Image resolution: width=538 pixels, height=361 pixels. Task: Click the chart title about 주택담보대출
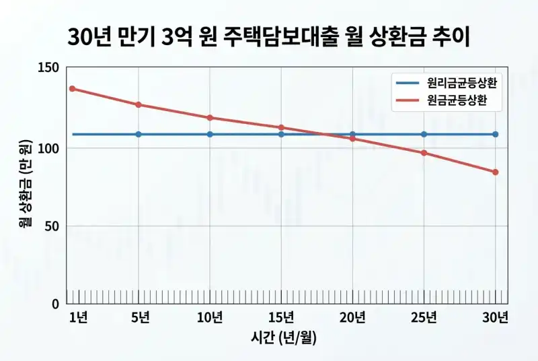coord(268,37)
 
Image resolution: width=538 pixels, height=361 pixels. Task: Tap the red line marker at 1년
coord(72,89)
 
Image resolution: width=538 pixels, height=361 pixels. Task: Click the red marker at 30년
coord(496,172)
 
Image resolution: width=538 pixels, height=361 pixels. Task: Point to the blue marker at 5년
coord(139,134)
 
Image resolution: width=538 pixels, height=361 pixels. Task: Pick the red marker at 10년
coord(210,118)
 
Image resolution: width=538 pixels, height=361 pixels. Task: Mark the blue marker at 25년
coord(424,134)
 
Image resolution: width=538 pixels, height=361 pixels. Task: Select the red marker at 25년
coord(424,153)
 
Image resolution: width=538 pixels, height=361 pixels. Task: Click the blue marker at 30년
coord(496,134)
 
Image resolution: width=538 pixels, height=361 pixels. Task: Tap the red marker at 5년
coord(139,104)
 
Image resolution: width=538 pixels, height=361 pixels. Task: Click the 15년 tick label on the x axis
coord(280,317)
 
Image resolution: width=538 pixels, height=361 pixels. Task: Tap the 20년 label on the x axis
coord(352,317)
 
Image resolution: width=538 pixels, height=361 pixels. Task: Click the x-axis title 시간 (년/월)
coord(284,339)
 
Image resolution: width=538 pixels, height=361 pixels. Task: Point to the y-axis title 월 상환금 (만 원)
coord(26,185)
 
